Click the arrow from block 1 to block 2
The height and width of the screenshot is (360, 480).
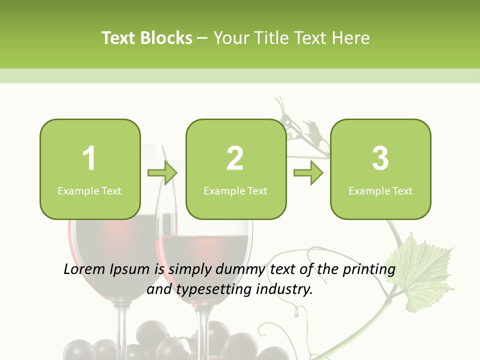point(162,173)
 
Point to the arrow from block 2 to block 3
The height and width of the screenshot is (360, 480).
point(308,173)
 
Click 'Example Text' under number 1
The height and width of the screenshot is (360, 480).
point(89,191)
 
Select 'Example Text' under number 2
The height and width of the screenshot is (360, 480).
point(235,191)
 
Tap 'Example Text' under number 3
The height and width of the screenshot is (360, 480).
point(380,191)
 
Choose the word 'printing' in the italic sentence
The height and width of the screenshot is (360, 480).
point(369,270)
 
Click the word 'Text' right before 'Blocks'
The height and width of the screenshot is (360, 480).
point(118,38)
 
